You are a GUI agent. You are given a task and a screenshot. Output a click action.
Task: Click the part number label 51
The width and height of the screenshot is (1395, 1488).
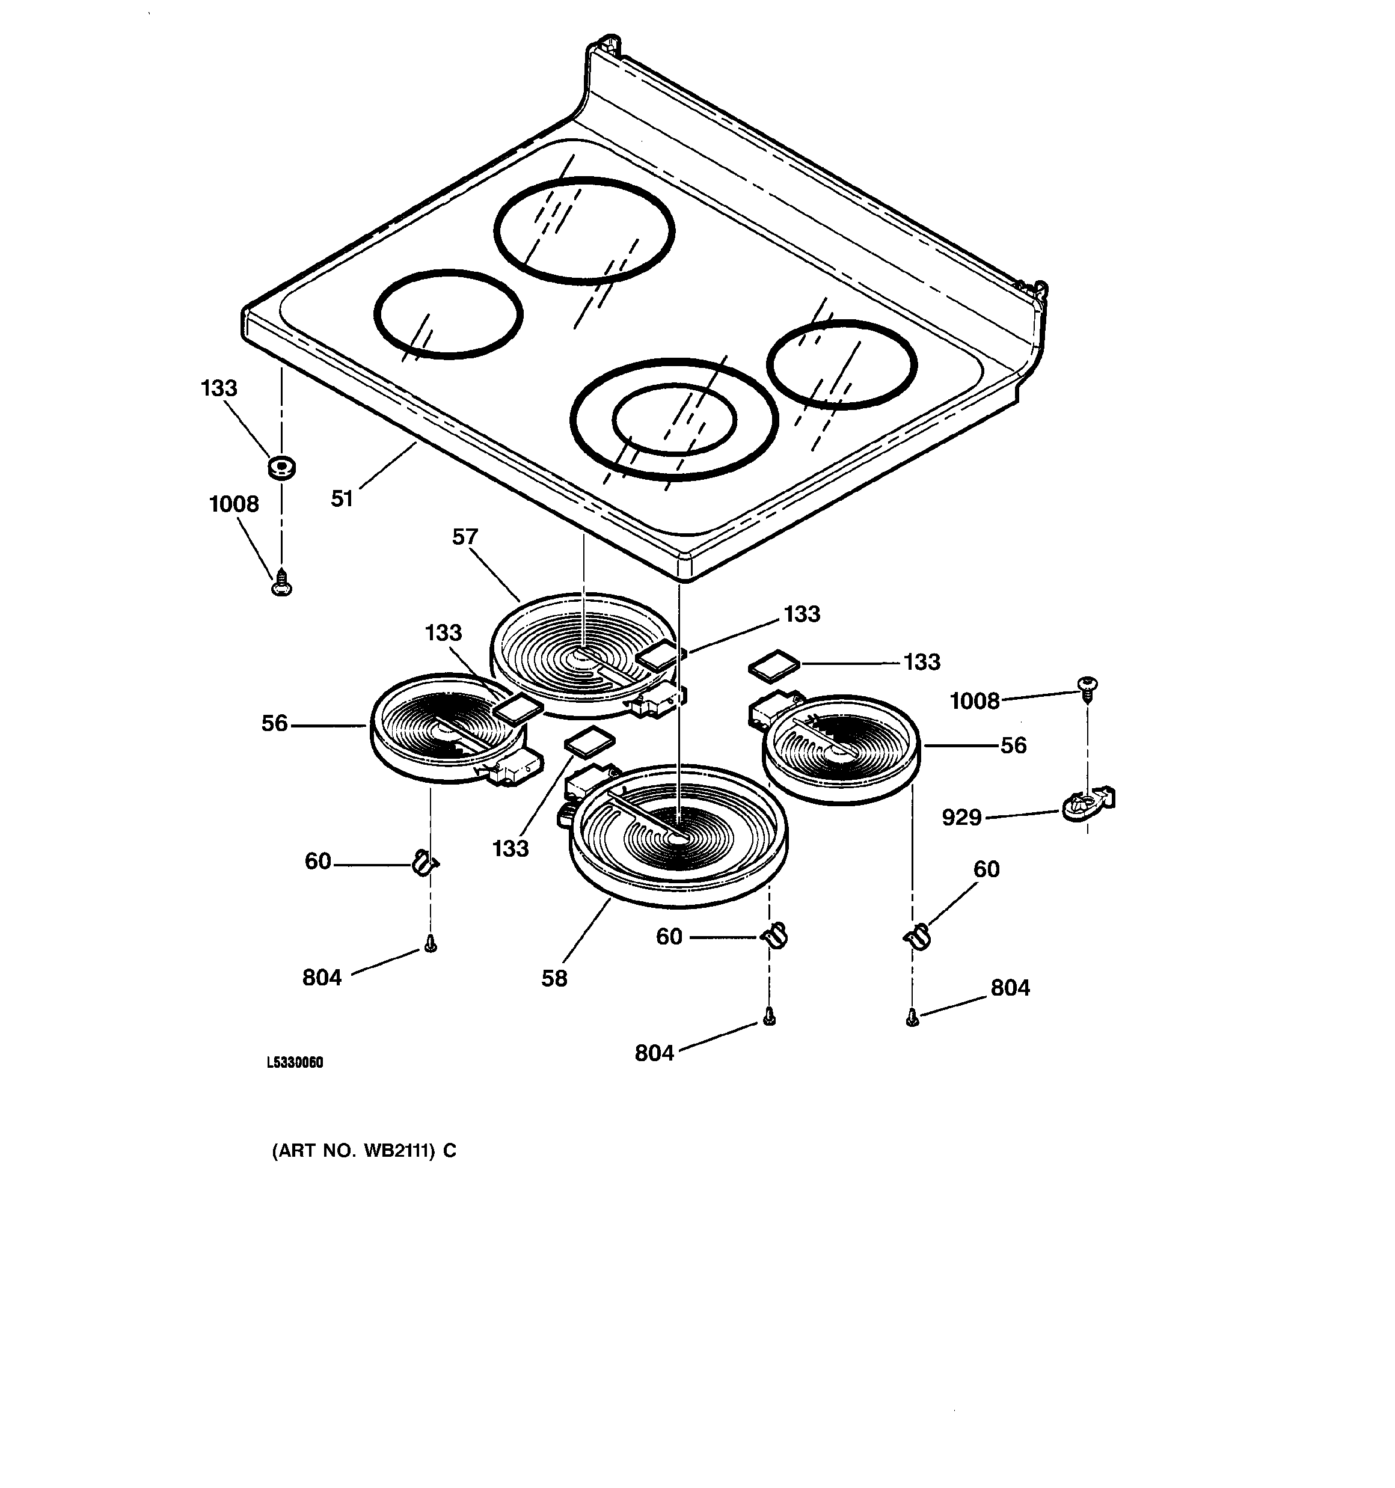(342, 498)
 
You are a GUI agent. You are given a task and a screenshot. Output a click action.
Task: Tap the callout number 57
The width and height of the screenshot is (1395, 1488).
(464, 537)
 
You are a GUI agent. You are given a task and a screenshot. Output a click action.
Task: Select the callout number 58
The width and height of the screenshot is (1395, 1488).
(554, 978)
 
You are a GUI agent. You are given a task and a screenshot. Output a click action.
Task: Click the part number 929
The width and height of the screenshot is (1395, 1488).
(961, 818)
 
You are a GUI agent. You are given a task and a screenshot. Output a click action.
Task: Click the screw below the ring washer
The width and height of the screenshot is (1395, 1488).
(281, 583)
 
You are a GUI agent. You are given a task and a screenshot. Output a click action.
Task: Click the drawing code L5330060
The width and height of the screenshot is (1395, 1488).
(295, 1063)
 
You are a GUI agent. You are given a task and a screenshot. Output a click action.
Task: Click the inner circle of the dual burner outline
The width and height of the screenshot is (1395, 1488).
(674, 420)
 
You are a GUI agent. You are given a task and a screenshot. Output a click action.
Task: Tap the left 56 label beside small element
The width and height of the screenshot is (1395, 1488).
(274, 724)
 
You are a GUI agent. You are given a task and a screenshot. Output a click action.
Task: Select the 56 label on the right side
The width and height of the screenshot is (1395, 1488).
(1013, 746)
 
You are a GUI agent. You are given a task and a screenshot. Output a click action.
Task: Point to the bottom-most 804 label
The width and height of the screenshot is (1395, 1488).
(654, 1053)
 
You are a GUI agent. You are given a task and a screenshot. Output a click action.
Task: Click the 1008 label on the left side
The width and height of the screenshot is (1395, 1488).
(234, 504)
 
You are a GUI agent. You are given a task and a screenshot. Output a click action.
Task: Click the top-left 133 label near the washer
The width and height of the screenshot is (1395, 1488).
(219, 388)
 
